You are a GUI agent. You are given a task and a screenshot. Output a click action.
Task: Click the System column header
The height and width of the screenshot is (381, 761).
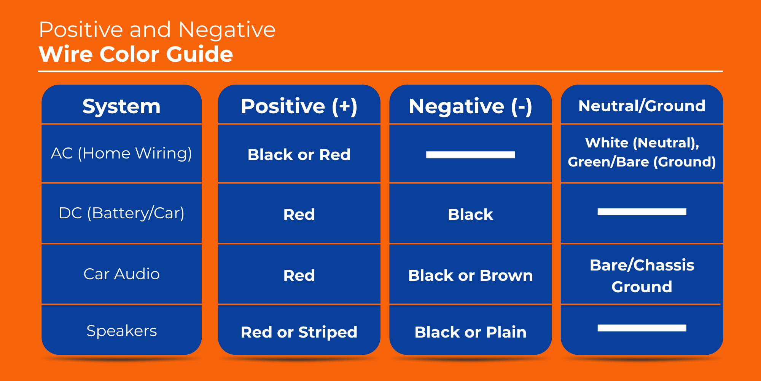click(x=121, y=106)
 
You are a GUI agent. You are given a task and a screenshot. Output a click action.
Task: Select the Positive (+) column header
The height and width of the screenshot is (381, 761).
click(x=299, y=106)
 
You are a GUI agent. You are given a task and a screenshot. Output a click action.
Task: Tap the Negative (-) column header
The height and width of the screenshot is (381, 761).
click(x=470, y=106)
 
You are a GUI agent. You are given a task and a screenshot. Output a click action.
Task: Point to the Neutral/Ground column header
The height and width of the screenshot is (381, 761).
click(x=642, y=106)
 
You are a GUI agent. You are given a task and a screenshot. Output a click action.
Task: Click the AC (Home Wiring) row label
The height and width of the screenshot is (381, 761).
click(x=121, y=153)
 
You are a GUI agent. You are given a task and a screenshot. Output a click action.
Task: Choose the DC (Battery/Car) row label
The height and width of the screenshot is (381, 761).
click(x=121, y=213)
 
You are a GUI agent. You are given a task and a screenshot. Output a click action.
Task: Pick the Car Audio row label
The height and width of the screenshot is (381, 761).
click(x=121, y=274)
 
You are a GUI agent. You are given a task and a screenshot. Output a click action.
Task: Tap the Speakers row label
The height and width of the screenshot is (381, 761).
click(x=121, y=331)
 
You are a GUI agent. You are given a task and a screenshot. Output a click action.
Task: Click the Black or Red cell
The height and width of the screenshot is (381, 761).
click(x=299, y=155)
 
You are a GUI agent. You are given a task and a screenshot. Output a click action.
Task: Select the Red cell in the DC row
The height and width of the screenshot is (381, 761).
click(x=299, y=215)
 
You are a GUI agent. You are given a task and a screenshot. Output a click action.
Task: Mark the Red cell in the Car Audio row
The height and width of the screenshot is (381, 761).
click(x=299, y=275)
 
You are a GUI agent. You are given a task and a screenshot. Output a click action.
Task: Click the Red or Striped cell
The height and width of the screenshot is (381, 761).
click(x=299, y=332)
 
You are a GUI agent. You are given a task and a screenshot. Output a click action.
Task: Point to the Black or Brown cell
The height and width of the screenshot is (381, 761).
click(x=470, y=275)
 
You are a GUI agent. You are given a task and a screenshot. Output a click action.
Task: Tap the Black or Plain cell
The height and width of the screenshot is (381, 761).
click(x=470, y=332)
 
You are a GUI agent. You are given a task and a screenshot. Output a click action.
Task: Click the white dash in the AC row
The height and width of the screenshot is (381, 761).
click(x=470, y=155)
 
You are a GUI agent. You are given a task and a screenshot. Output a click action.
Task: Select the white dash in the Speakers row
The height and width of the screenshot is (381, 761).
click(x=642, y=328)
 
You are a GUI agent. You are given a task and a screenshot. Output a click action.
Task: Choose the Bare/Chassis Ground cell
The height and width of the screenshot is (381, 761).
click(x=642, y=275)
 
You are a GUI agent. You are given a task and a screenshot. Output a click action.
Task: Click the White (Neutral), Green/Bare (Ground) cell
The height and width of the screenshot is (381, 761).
click(x=642, y=152)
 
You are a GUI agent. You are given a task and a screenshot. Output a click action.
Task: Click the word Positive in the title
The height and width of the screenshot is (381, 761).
click(x=81, y=30)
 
